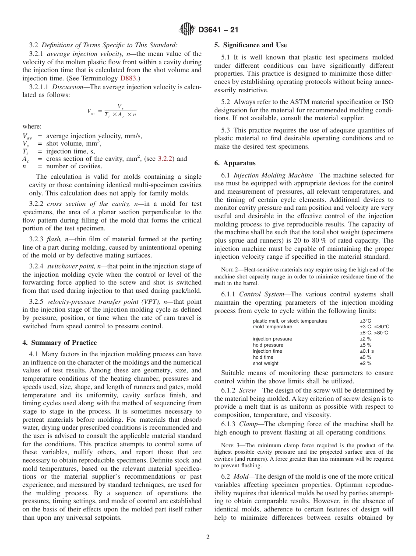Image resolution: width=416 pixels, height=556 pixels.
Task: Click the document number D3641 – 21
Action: [218, 30]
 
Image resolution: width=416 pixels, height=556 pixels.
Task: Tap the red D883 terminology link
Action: [128, 78]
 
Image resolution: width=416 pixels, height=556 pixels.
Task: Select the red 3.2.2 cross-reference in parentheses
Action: [166, 159]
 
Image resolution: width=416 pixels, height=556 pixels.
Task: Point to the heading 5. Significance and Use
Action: [250, 45]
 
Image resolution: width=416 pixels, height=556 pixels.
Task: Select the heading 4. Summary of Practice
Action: [60, 342]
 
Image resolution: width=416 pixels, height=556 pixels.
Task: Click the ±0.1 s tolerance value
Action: [367, 351]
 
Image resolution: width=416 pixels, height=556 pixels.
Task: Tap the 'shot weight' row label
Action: [265, 363]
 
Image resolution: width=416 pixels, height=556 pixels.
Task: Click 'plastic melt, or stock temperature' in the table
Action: [290, 321]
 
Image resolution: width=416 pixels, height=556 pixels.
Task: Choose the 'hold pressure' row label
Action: [268, 345]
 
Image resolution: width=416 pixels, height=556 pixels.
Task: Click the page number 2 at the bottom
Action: [208, 537]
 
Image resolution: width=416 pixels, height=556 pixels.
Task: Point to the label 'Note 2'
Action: [229, 270]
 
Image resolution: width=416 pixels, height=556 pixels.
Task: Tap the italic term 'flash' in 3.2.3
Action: [53, 239]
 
